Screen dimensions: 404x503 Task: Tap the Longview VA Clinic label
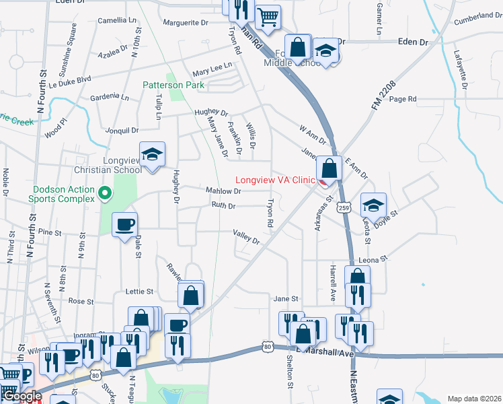[275, 180]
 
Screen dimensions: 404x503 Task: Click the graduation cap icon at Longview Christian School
[152, 154]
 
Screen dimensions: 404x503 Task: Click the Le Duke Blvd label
[73, 79]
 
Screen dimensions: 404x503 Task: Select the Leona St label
[375, 259]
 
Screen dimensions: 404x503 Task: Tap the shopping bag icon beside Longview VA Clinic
[329, 168]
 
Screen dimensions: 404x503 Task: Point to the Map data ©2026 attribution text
[473, 399]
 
